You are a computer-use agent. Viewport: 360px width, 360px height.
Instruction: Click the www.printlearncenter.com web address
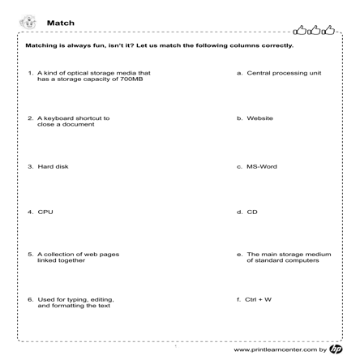275,350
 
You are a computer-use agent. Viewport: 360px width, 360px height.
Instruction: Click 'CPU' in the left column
45,212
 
